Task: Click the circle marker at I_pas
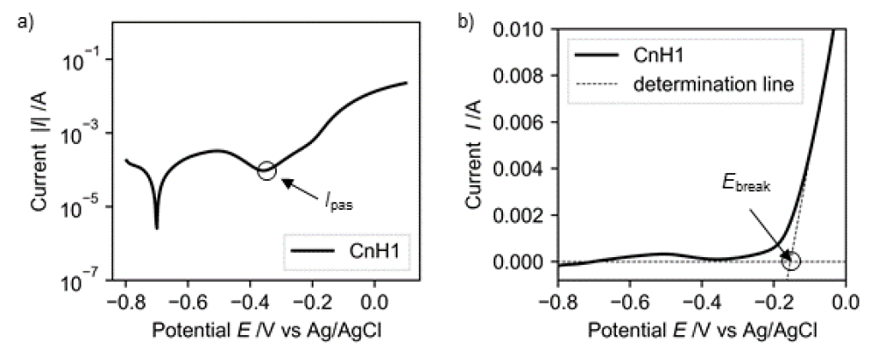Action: pyautogui.click(x=266, y=170)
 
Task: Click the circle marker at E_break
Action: pyautogui.click(x=791, y=261)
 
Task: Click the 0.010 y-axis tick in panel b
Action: pyautogui.click(x=515, y=30)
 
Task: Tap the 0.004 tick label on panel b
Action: pyautogui.click(x=515, y=169)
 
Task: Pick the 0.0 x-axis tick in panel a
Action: pyautogui.click(x=373, y=301)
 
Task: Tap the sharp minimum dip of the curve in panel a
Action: pyautogui.click(x=157, y=227)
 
